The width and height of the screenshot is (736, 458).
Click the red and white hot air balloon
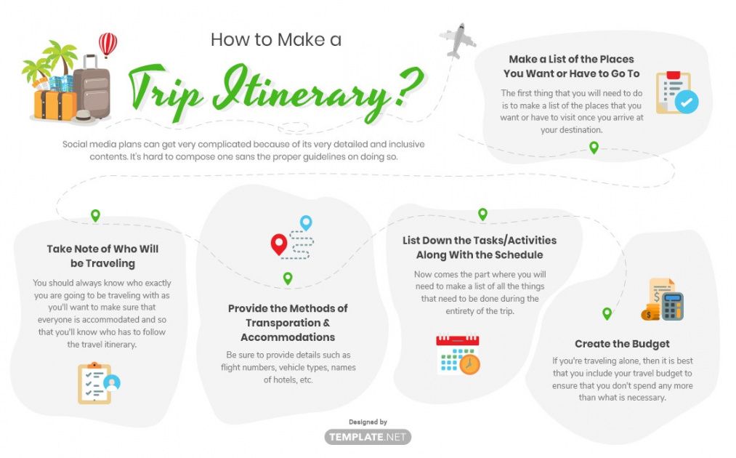pyautogui.click(x=108, y=44)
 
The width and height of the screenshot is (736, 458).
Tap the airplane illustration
pyautogui.click(x=458, y=41)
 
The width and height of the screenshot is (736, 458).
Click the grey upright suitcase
pyautogui.click(x=92, y=88)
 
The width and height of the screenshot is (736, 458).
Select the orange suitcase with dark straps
pyautogui.click(x=55, y=105)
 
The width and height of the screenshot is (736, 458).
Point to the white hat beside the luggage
pyautogui.click(x=84, y=116)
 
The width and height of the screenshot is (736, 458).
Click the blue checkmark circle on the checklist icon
pyautogui.click(x=687, y=102)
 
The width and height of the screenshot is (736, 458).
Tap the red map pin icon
pyautogui.click(x=279, y=244)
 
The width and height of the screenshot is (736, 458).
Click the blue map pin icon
pyautogui.click(x=306, y=222)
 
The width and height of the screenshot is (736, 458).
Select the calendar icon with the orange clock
pyautogui.click(x=458, y=355)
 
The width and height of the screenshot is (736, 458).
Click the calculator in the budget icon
pyautogui.click(x=672, y=306)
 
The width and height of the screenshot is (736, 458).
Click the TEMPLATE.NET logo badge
pyautogui.click(x=368, y=437)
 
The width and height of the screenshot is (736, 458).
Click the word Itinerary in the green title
pyautogui.click(x=300, y=90)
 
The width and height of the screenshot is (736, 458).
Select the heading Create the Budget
pyautogui.click(x=622, y=344)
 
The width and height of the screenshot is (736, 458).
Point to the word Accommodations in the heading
pyautogui.click(x=288, y=337)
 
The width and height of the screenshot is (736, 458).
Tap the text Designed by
pyautogui.click(x=368, y=422)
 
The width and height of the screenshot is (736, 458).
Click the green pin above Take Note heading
pyautogui.click(x=95, y=216)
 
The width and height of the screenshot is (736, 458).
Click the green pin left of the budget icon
pyautogui.click(x=607, y=313)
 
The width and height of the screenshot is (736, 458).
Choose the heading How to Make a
pyautogui.click(x=276, y=39)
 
